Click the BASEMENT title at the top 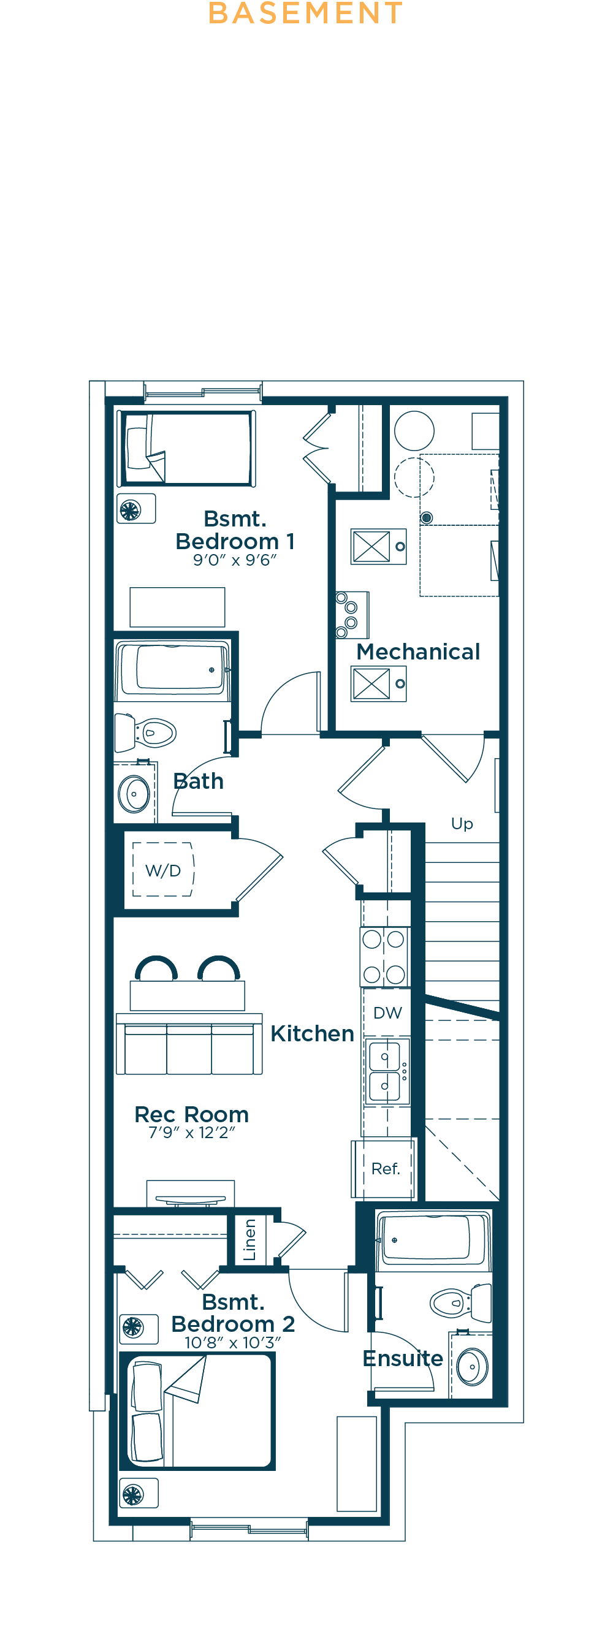[x=306, y=13]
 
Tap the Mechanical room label [x=418, y=652]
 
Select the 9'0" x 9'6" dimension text [x=235, y=560]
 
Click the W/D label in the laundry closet [x=163, y=870]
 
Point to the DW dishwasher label [x=387, y=1012]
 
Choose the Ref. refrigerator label [x=386, y=1169]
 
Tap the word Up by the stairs [x=462, y=824]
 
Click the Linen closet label [x=249, y=1240]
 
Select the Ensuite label [x=403, y=1358]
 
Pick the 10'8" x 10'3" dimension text [x=232, y=1343]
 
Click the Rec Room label [x=191, y=1114]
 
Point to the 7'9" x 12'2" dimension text [x=191, y=1133]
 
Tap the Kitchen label [x=312, y=1033]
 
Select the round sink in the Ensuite [x=473, y=1367]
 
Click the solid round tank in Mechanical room [x=414, y=431]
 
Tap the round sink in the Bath [x=134, y=794]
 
